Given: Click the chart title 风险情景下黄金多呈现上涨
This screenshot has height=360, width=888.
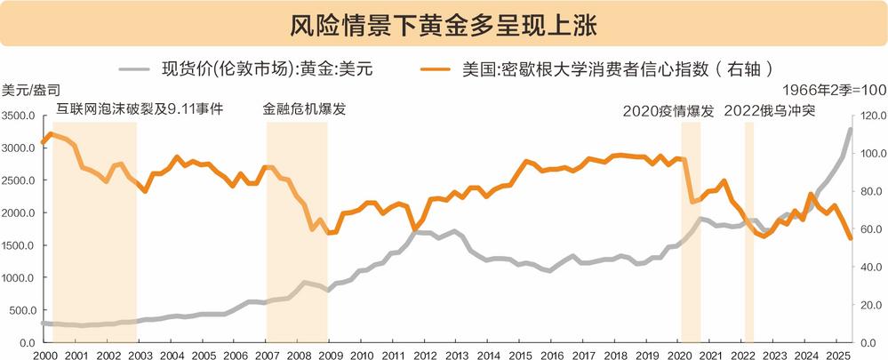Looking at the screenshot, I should click(444, 23).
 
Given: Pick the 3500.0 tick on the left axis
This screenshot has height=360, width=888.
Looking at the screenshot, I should click(18, 116).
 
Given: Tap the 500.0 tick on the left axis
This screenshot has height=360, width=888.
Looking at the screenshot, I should click(20, 310).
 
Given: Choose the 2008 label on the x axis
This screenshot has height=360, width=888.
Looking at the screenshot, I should click(299, 353).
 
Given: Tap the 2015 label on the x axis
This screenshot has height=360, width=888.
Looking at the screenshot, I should click(521, 353).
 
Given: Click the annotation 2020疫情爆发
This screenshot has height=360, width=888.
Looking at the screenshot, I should click(668, 111).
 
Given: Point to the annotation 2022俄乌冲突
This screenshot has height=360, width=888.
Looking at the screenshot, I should click(770, 111).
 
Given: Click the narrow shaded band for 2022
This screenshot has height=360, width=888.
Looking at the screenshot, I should click(748, 231).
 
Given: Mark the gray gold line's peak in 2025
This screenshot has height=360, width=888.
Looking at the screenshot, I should click(850, 130).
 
